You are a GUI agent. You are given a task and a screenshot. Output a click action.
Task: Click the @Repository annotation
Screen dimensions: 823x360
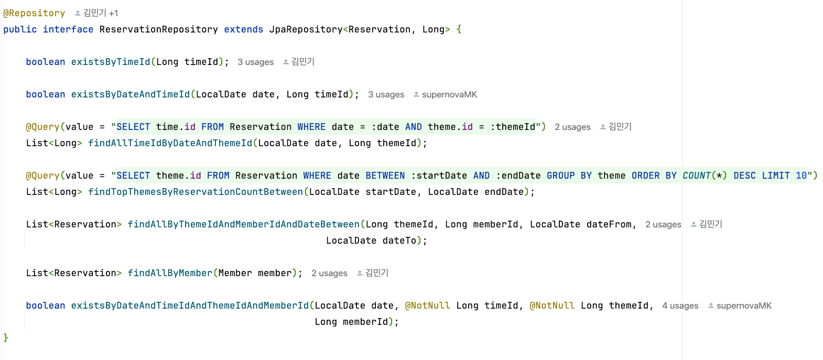(34, 13)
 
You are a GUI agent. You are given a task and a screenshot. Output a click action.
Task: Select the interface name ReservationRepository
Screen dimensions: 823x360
(158, 29)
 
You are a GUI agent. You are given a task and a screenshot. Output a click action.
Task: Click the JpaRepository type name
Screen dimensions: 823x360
(306, 29)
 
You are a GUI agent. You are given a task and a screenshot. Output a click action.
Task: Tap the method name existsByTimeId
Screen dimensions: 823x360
(111, 62)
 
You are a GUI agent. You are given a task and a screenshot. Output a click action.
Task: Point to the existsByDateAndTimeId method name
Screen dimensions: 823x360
(131, 94)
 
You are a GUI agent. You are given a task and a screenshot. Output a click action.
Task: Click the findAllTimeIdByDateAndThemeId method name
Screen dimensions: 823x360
(170, 143)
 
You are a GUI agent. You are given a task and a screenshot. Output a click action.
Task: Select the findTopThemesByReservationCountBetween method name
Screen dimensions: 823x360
(196, 192)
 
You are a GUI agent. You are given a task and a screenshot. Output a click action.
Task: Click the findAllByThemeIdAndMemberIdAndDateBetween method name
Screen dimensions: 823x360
(244, 224)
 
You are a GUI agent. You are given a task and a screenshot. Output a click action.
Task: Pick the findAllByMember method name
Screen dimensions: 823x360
(170, 273)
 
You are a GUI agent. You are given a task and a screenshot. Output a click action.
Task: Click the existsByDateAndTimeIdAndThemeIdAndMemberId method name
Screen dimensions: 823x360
(190, 306)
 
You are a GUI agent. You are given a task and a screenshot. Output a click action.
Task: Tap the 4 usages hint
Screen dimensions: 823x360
(680, 306)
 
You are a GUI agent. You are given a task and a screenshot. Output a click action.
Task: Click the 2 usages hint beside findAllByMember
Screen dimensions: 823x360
(329, 273)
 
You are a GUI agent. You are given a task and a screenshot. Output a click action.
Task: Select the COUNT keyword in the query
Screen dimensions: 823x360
(697, 176)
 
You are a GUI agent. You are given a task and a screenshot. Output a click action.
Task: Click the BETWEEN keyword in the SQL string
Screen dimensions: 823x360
(385, 176)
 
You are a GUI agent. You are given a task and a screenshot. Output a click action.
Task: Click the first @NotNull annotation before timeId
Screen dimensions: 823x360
(427, 306)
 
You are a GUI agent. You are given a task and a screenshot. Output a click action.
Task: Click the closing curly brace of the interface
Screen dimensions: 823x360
(6, 338)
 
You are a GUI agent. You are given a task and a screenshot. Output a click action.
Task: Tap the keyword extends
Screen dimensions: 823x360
(244, 29)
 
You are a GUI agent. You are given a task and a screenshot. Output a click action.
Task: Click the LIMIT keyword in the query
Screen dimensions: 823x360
(776, 176)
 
